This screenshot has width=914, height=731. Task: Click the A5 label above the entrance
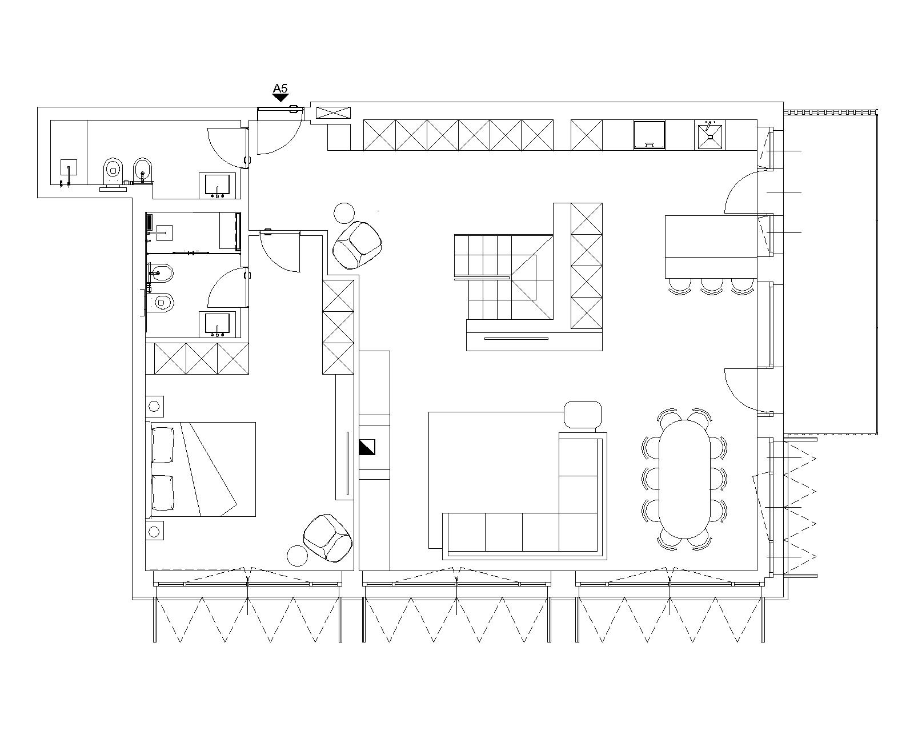[280, 89]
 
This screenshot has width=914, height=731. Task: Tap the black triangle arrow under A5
[280, 98]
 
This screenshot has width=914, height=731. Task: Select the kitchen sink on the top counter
[710, 136]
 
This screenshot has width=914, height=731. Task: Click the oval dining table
[684, 479]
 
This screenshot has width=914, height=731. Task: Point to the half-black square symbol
[367, 448]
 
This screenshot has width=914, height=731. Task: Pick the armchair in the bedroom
[327, 538]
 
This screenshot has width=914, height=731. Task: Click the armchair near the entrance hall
[357, 245]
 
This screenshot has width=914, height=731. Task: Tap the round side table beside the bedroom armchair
[297, 555]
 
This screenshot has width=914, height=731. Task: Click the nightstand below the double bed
[155, 531]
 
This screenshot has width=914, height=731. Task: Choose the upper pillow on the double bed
[163, 445]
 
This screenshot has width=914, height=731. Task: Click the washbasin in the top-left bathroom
[218, 186]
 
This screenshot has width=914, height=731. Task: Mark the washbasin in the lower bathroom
[218, 325]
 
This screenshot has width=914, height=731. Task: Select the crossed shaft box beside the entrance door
[334, 113]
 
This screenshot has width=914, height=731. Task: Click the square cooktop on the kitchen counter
[650, 135]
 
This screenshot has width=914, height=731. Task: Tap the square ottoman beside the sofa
[583, 415]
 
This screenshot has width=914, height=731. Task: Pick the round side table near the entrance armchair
[344, 213]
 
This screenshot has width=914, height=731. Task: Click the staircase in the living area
[504, 278]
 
